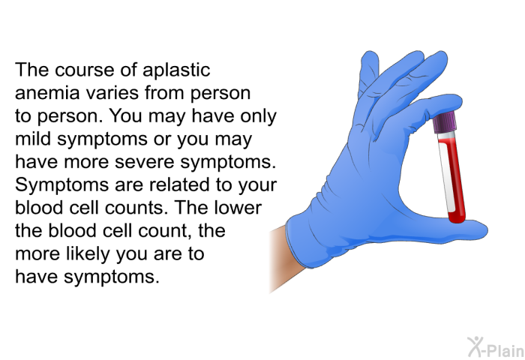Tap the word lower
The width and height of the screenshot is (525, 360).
238,208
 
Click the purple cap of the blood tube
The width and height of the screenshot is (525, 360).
445,123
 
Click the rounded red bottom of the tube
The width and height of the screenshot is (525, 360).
457,217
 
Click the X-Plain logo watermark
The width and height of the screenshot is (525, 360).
496,347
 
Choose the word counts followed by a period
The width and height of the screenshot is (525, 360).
136,208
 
